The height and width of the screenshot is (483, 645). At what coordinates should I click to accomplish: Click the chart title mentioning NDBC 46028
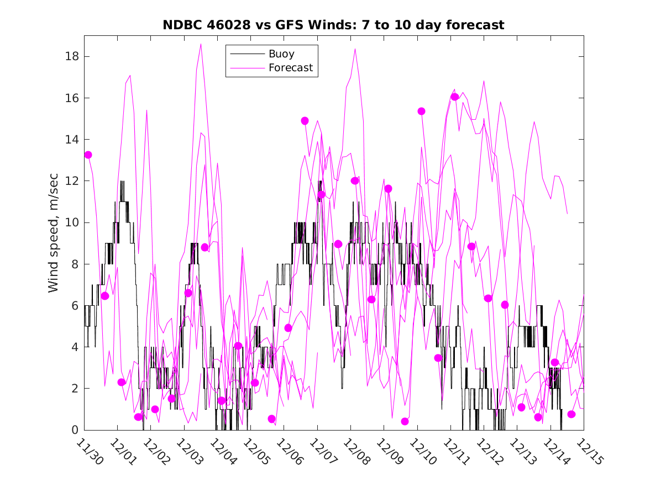pos(333,25)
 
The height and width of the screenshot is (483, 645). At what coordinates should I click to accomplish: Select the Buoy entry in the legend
pos(281,54)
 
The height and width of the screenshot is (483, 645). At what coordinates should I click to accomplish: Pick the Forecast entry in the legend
pos(290,68)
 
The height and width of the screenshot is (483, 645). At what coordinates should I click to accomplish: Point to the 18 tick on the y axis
pos(70,56)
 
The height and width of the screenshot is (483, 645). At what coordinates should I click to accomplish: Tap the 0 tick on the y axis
pos(74,430)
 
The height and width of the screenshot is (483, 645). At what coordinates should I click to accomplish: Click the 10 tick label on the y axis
pos(70,222)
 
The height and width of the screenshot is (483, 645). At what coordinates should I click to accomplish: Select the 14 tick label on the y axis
pos(70,140)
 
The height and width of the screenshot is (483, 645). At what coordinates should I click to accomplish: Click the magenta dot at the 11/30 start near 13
pos(88,155)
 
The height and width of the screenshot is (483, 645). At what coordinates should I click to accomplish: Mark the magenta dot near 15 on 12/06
pos(305,120)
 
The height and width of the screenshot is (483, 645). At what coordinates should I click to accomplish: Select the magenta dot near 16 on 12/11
pos(454,97)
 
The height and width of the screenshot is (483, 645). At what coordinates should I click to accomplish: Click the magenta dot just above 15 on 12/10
pos(421,111)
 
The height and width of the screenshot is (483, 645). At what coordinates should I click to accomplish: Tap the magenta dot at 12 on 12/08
pos(355,181)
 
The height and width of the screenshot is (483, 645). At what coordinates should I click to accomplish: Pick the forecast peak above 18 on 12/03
pos(201,44)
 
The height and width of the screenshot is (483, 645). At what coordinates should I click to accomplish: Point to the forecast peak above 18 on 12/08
pos(355,49)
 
